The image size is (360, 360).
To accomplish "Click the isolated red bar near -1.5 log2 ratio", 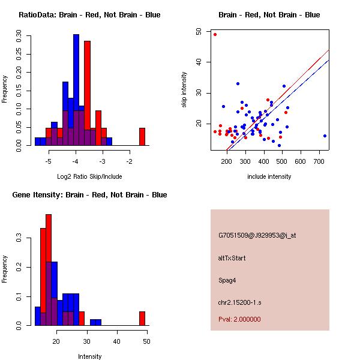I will (x=142, y=136).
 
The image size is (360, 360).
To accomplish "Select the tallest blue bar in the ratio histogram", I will (x=76, y=90).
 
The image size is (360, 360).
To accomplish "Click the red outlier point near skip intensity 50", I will (x=215, y=34).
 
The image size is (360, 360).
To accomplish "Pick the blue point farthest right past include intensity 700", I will (x=325, y=136).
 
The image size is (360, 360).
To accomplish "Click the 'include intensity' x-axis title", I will (x=269, y=176).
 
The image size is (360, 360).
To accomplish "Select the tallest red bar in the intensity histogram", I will (x=49, y=270).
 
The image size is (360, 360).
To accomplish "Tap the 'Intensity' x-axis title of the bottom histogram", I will (x=90, y=356).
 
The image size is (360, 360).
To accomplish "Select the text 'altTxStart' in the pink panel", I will (x=232, y=258).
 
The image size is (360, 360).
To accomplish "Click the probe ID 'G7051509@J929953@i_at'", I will (x=257, y=235).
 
